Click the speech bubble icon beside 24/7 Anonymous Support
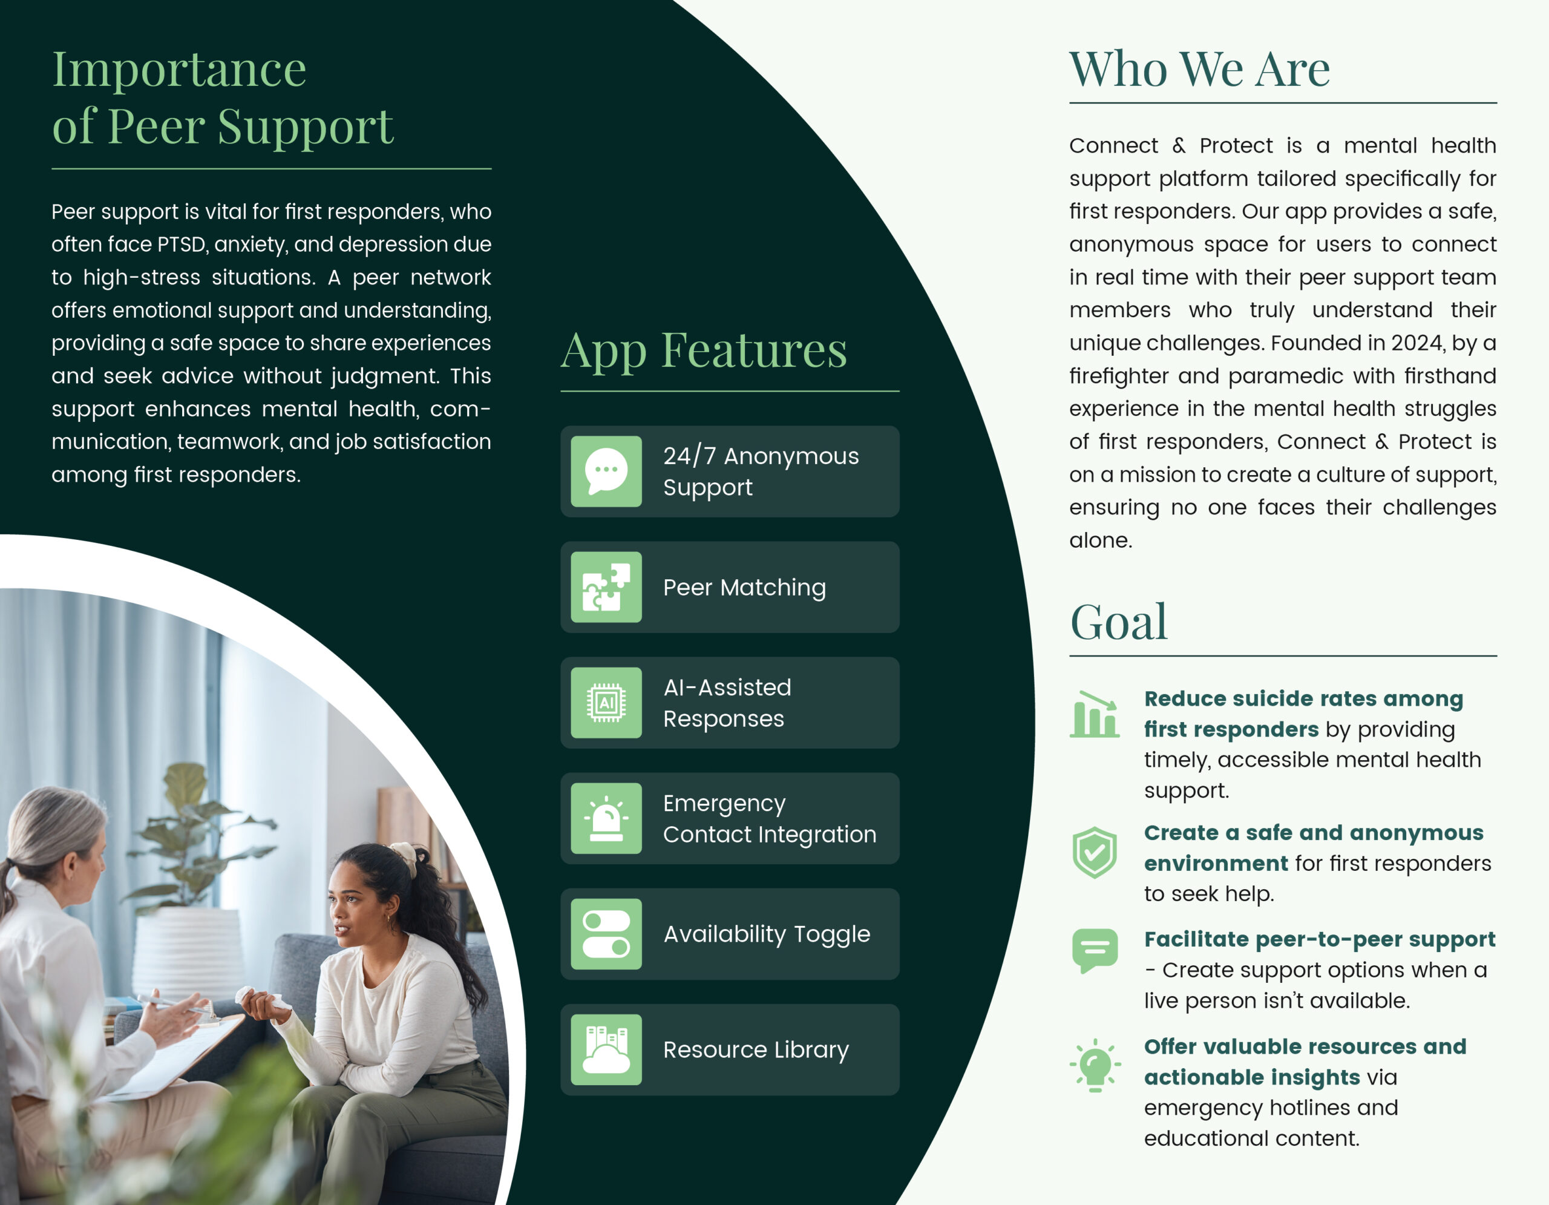point(606,471)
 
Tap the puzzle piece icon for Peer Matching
point(606,587)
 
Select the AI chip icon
point(606,703)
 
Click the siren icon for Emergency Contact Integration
point(606,818)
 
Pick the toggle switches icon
point(606,934)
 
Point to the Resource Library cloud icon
point(606,1049)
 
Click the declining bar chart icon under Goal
point(1095,714)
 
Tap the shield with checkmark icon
point(1095,853)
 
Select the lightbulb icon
point(1095,1065)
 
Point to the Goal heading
point(1118,622)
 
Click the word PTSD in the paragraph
point(181,244)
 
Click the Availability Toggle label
point(767,934)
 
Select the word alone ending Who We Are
point(1100,540)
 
